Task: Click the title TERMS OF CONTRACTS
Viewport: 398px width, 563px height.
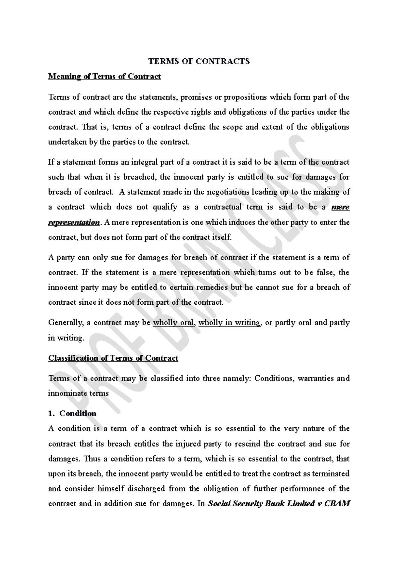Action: [199, 61]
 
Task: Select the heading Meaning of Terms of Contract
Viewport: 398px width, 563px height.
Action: [104, 77]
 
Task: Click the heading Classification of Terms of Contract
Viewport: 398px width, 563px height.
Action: [113, 358]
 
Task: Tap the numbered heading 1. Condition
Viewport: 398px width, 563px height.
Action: [72, 413]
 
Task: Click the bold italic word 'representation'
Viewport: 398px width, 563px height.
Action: [74, 222]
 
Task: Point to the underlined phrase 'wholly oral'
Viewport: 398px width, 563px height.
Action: [173, 323]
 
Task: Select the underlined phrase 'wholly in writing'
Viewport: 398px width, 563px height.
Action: [229, 323]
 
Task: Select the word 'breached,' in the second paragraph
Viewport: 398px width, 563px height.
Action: [140, 177]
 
